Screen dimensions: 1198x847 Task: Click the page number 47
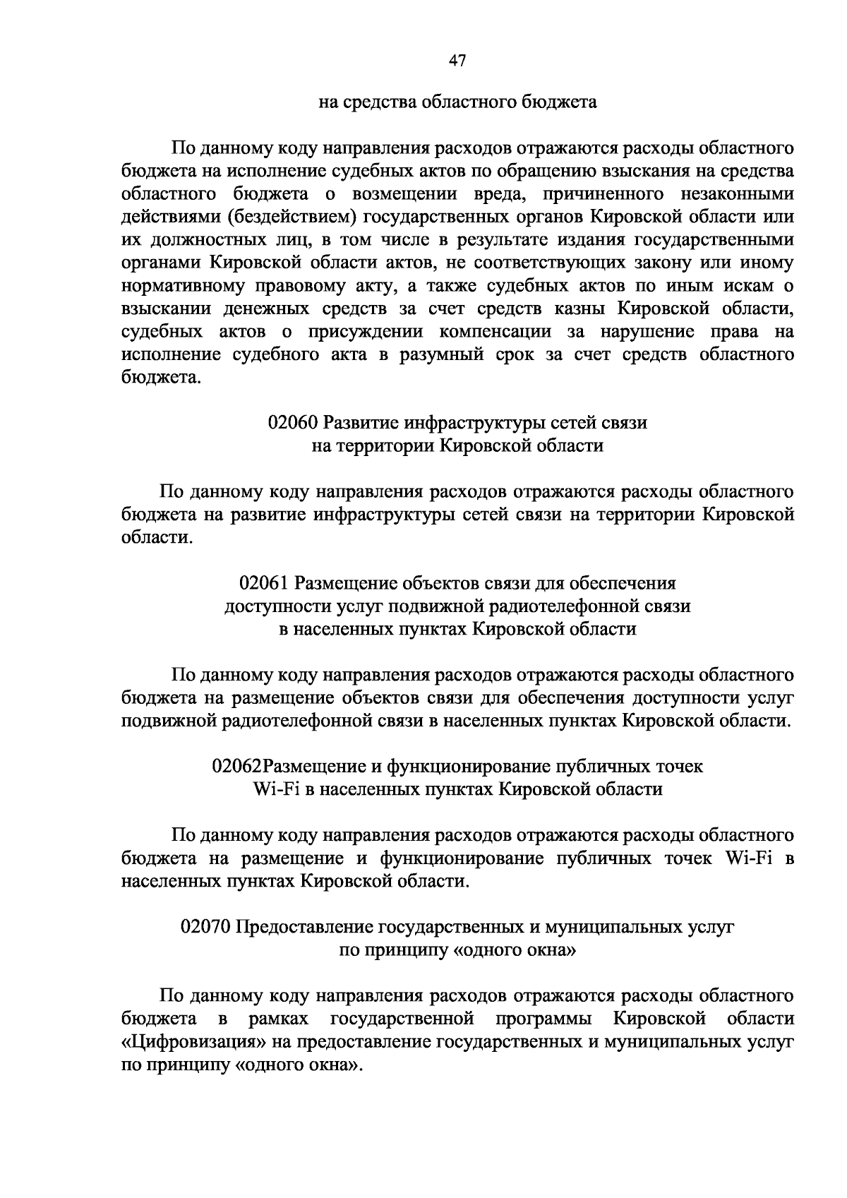click(x=457, y=61)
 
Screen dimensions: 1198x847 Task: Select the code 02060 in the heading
click(x=292, y=423)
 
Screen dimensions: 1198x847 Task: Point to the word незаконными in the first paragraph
click(x=740, y=194)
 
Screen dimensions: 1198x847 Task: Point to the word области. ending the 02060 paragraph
click(x=155, y=538)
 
